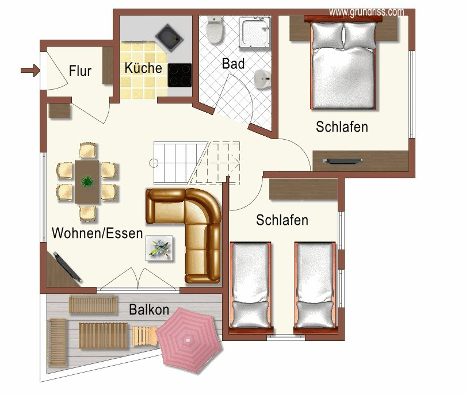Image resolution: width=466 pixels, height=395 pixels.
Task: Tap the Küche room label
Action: [x=143, y=67]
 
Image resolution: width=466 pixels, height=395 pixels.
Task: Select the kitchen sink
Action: [x=170, y=36]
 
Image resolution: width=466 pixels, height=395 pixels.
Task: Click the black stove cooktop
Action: [x=179, y=75]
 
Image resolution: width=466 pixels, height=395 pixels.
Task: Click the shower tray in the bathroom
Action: [x=254, y=32]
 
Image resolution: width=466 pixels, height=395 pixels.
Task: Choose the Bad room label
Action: [x=233, y=63]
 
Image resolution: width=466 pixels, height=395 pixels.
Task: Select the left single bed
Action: [x=250, y=285]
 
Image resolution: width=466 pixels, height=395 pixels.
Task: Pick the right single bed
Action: [x=314, y=285]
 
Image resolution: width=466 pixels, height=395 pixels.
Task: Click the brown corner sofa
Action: [x=193, y=230]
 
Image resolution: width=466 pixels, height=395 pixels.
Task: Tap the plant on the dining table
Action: [x=87, y=181]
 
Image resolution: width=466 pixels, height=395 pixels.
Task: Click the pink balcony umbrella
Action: [x=189, y=338]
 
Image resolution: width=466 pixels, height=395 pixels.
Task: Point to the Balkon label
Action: [x=149, y=310]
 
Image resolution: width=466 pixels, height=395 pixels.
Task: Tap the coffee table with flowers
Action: [x=159, y=249]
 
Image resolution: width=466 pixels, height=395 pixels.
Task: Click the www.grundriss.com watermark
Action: [x=366, y=11]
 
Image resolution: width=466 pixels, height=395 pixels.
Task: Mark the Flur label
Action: [x=80, y=71]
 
